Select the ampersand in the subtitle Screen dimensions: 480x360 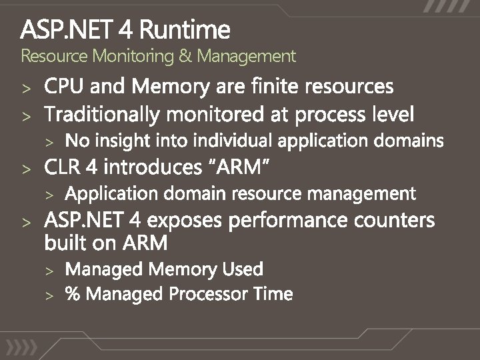(x=184, y=55)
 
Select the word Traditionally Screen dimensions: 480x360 (x=103, y=115)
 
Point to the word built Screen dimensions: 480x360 (x=66, y=243)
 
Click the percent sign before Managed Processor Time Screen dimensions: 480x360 (x=73, y=294)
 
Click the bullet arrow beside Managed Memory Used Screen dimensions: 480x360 (x=49, y=270)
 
